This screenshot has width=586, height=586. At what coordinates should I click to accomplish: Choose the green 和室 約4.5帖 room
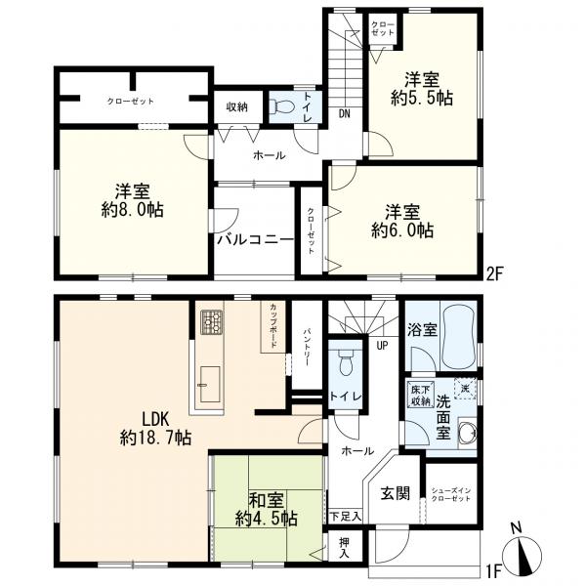(267, 509)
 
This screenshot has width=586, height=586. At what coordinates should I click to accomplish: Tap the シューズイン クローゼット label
(451, 495)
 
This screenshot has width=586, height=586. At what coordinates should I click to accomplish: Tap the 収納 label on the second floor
(236, 107)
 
